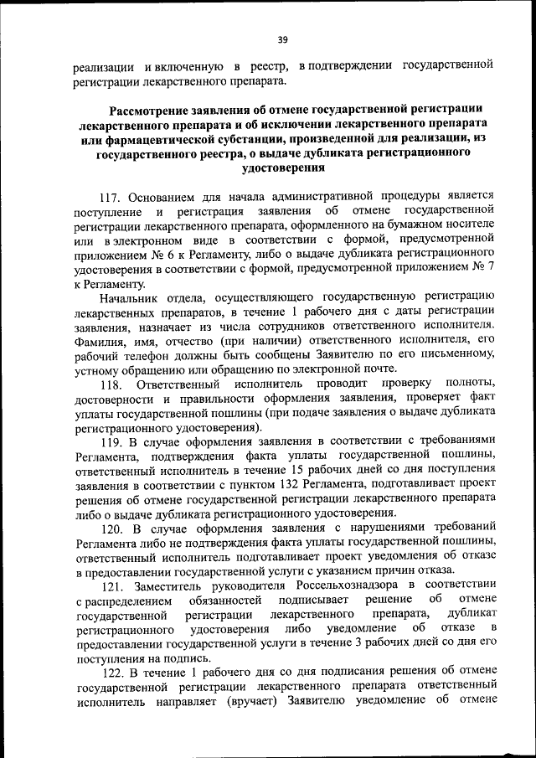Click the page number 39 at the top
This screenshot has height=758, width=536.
click(x=282, y=39)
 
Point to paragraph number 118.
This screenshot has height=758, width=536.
click(x=111, y=384)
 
